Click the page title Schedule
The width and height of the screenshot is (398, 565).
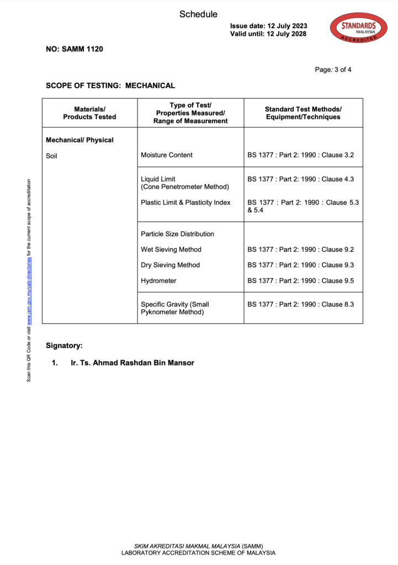point(198,14)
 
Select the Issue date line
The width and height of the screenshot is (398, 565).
point(268,26)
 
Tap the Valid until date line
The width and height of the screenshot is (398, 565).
point(268,34)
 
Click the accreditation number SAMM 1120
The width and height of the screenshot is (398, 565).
point(74,49)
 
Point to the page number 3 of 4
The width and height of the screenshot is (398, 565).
point(333,70)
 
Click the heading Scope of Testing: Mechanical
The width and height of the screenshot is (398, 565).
point(110,86)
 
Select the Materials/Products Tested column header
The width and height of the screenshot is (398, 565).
point(89,113)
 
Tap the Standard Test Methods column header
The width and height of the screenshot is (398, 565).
point(303,113)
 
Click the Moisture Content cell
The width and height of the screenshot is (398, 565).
point(167,155)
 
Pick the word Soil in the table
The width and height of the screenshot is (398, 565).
point(51,156)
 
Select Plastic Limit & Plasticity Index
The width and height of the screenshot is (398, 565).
point(185,202)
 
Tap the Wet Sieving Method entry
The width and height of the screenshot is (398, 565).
point(171,249)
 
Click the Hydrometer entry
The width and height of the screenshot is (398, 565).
point(158,281)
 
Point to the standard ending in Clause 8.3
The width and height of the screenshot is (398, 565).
point(301,304)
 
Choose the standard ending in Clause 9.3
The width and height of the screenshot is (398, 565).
point(301,265)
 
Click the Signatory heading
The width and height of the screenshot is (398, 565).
point(64,345)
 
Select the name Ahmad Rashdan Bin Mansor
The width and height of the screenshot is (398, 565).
point(132,363)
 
